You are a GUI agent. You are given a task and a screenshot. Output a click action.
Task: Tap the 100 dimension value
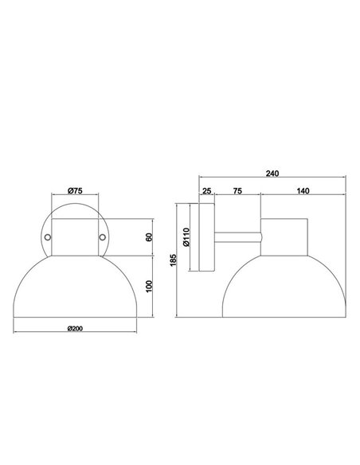(x=149, y=285)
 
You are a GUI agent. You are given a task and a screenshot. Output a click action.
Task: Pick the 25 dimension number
(x=206, y=191)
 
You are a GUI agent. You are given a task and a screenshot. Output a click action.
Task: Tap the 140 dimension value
(x=302, y=191)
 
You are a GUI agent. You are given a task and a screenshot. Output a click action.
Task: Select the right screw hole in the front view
(x=101, y=236)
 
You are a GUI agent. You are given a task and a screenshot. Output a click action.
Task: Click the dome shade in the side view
(x=283, y=287)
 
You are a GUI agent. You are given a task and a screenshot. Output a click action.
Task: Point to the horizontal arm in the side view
(x=237, y=236)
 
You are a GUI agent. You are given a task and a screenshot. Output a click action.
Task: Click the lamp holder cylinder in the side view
(x=283, y=236)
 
